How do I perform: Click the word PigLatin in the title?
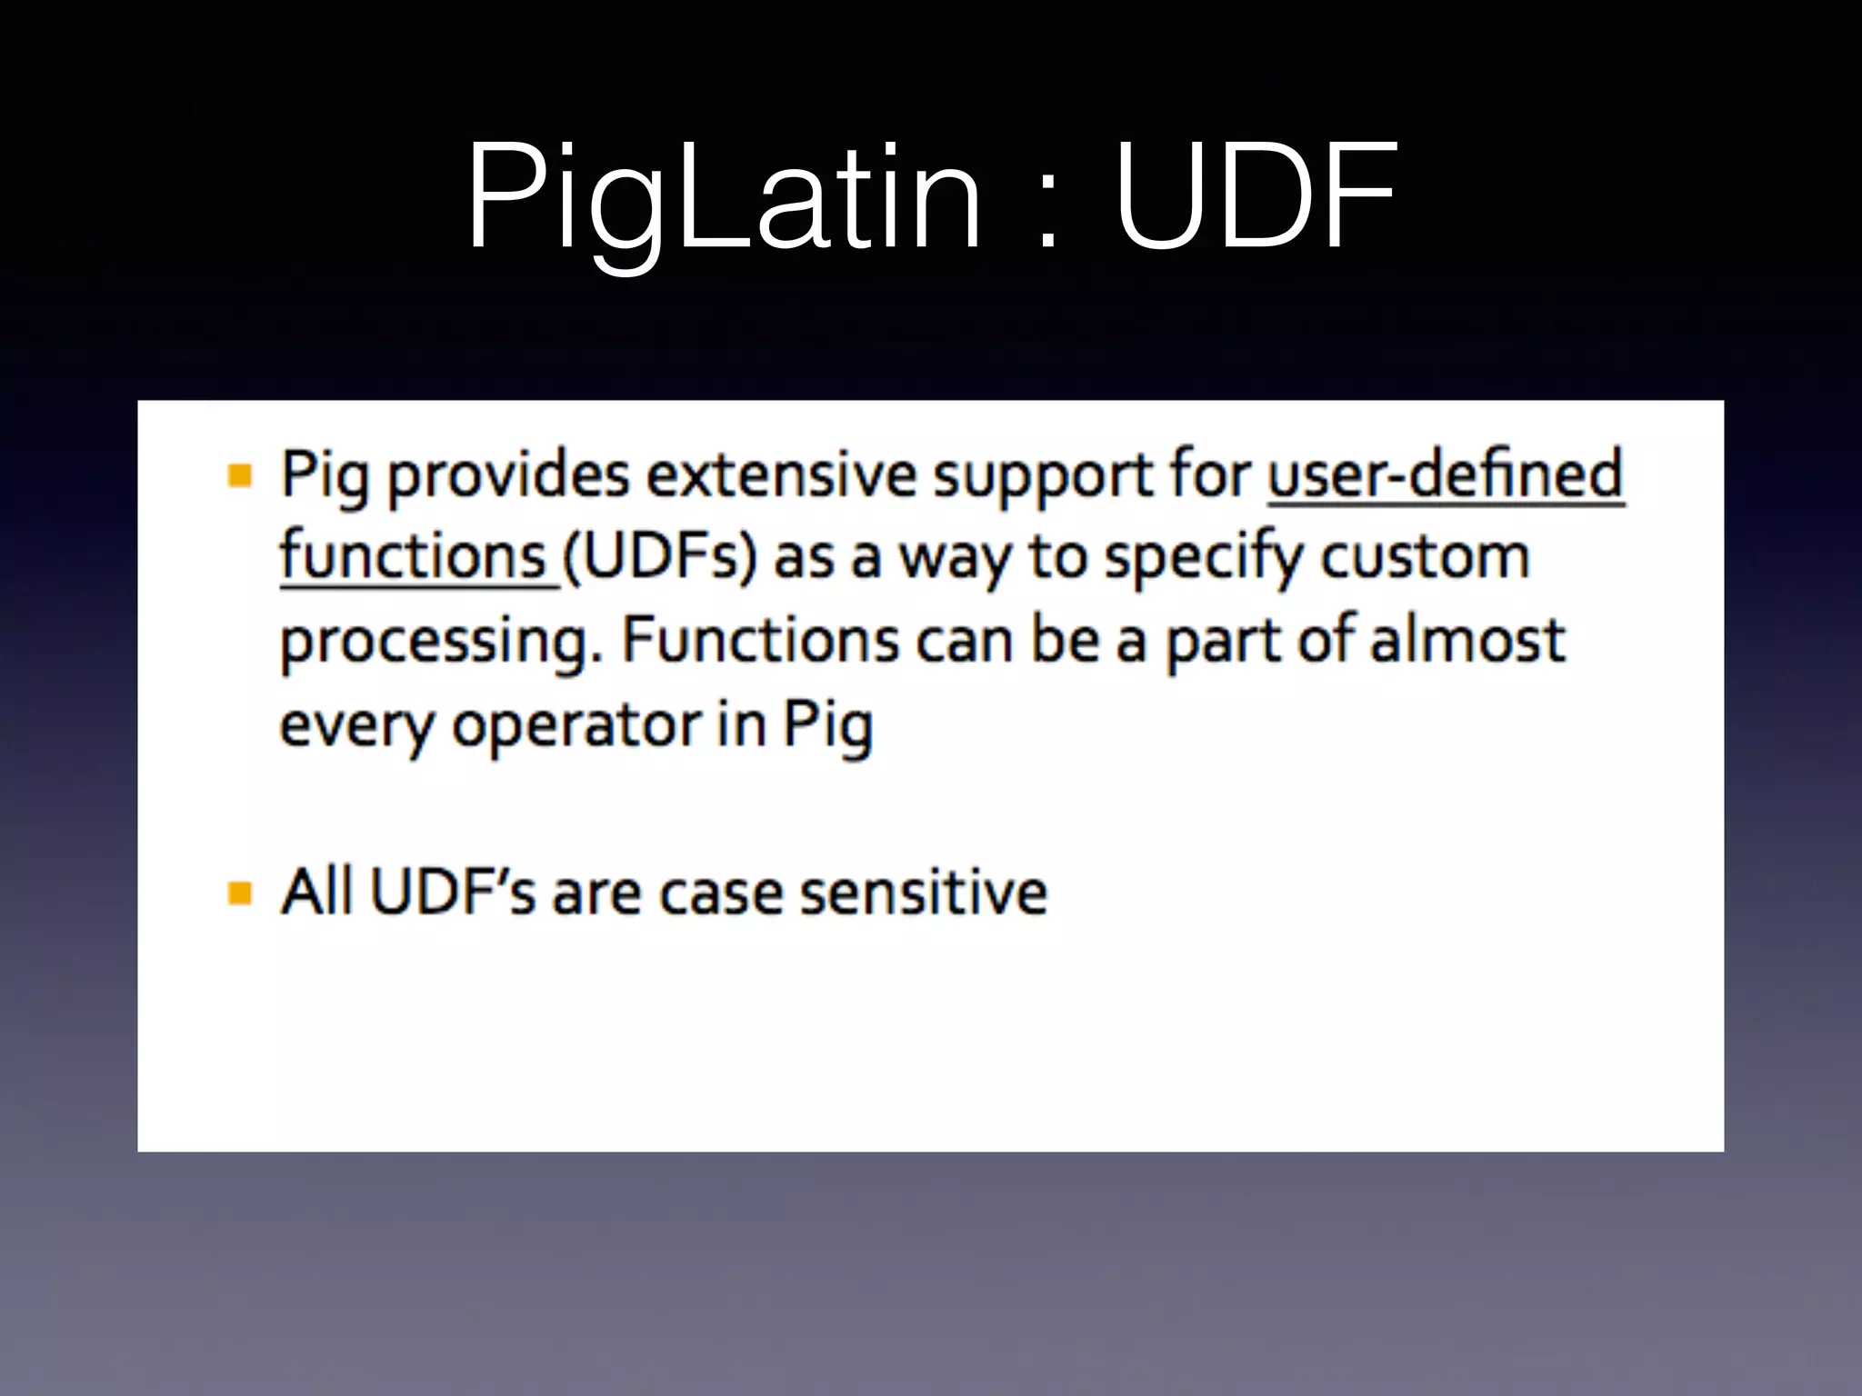pos(724,197)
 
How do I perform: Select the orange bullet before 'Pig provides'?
pos(240,475)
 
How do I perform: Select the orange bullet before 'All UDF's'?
pos(240,892)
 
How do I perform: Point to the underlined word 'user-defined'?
pos(1445,474)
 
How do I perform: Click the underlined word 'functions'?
pos(414,556)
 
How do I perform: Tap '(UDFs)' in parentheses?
pos(659,557)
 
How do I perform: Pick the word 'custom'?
pos(1425,557)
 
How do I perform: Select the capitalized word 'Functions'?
pos(760,640)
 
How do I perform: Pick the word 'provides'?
pos(508,475)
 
